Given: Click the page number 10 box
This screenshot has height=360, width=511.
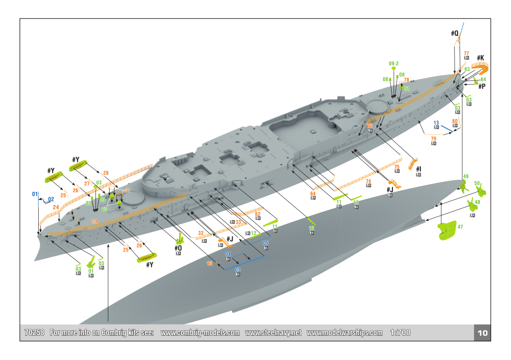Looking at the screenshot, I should pyautogui.click(x=482, y=333).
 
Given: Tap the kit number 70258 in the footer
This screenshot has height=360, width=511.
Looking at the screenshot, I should pyautogui.click(x=35, y=333).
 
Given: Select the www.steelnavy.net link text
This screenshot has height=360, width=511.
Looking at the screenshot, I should pyautogui.click(x=273, y=333).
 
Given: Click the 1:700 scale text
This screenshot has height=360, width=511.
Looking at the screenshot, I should pyautogui.click(x=400, y=333).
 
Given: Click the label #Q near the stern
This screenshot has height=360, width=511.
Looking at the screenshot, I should pyautogui.click(x=455, y=33).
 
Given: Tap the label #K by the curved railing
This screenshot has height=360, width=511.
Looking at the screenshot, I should pyautogui.click(x=481, y=58).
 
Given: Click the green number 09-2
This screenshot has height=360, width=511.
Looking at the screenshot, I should pyautogui.click(x=394, y=63).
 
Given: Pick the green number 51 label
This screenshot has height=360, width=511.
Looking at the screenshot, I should pyautogui.click(x=407, y=88).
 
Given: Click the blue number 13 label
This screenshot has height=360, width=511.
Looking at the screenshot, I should pyautogui.click(x=436, y=123).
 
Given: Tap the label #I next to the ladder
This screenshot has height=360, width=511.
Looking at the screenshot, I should pyautogui.click(x=418, y=169).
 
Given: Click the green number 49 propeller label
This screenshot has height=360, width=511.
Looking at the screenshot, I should pyautogui.click(x=466, y=177).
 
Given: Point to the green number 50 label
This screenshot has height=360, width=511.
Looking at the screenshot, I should pyautogui.click(x=477, y=183).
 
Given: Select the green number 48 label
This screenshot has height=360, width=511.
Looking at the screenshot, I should pyautogui.click(x=477, y=202).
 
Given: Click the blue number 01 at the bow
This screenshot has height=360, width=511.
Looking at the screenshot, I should pyautogui.click(x=35, y=193).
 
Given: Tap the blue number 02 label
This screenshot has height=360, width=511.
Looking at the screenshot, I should pyautogui.click(x=51, y=199).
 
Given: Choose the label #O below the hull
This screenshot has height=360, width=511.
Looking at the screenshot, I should pyautogui.click(x=178, y=248).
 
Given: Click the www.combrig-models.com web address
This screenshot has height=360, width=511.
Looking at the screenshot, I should pyautogui.click(x=200, y=333).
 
